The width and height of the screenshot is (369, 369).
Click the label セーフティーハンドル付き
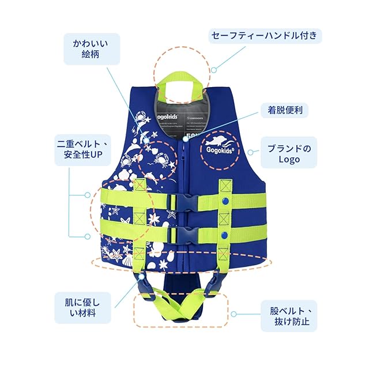point(264,36)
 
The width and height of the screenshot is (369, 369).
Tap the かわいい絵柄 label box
point(92,49)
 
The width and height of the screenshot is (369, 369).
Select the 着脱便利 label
point(281,110)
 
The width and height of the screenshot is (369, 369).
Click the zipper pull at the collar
point(186,138)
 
